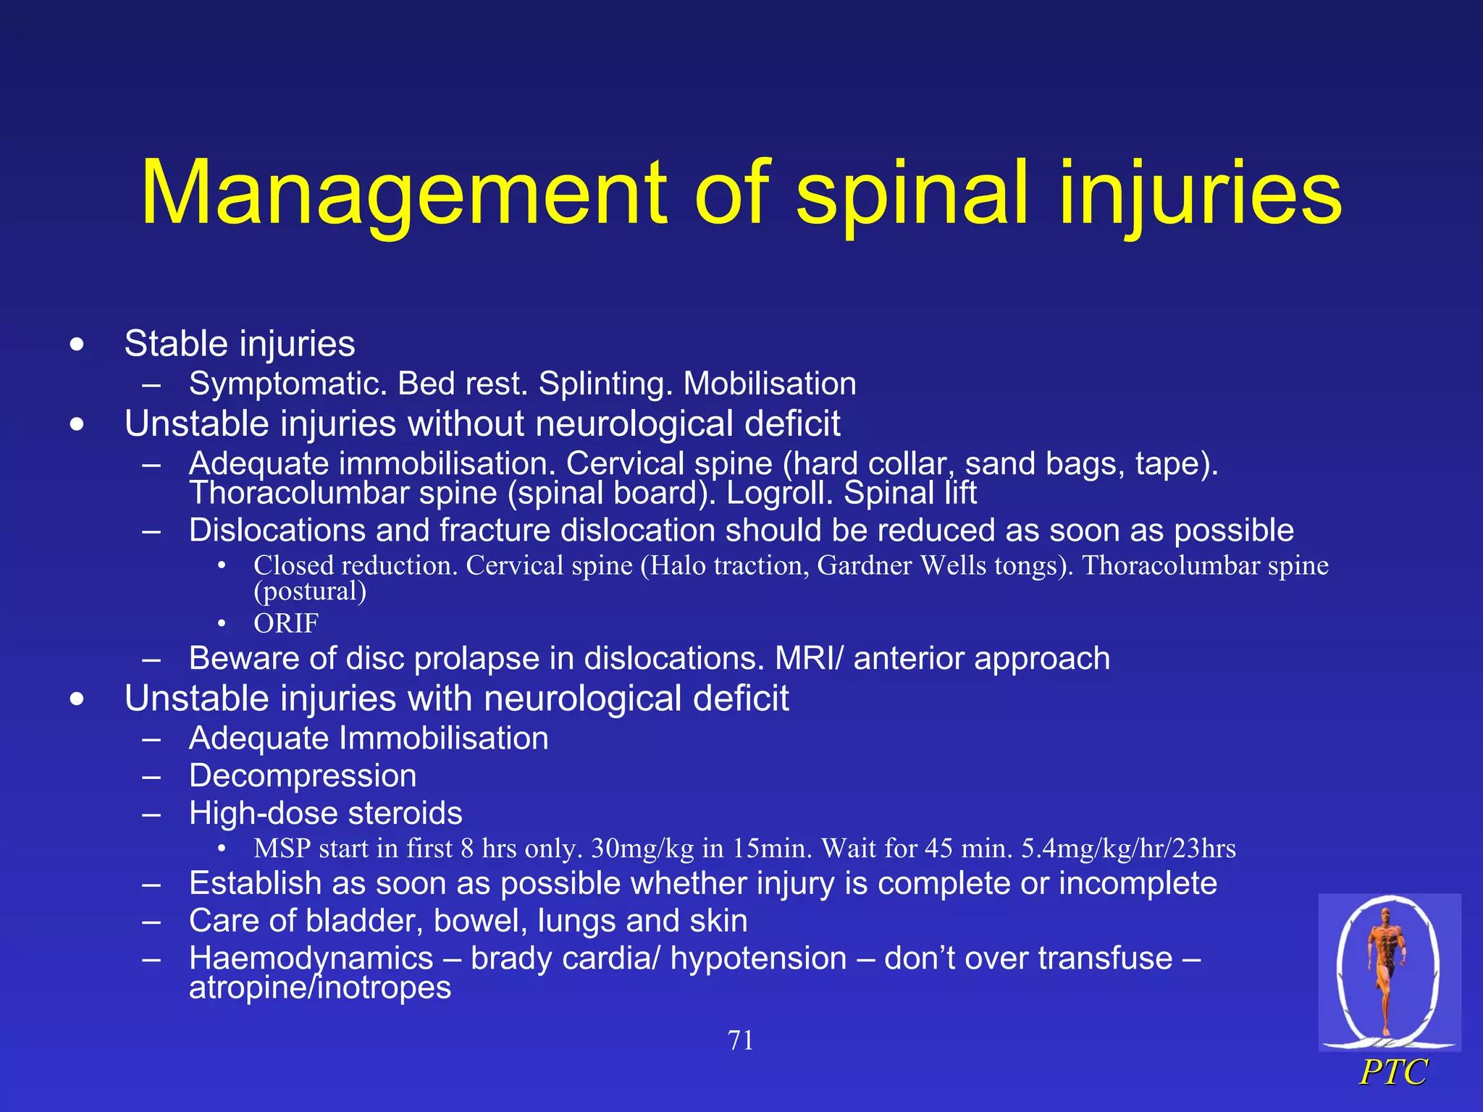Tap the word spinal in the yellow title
[x=913, y=194]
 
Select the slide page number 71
[x=740, y=1040]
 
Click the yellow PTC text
[x=1393, y=1072]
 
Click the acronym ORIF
[x=286, y=623]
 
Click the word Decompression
[x=303, y=775]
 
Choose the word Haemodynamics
[x=311, y=958]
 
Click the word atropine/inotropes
[x=320, y=987]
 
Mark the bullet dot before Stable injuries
[x=77, y=345]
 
